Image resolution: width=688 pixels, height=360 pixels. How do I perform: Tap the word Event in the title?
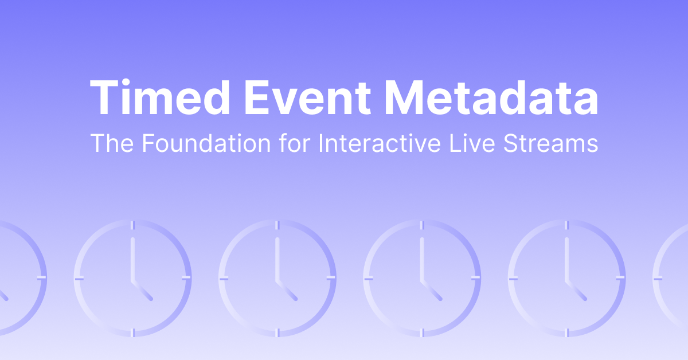click(x=308, y=97)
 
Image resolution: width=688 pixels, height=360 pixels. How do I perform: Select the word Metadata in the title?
click(x=491, y=97)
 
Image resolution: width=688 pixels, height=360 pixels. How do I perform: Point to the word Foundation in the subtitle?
click(x=206, y=143)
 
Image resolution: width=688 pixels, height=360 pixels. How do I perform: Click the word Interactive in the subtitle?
click(x=380, y=143)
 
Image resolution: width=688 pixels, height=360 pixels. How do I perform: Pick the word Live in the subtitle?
click(x=472, y=143)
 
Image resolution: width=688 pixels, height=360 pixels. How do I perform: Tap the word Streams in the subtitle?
click(x=551, y=143)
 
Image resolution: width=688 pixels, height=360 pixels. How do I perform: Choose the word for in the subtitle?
click(x=295, y=143)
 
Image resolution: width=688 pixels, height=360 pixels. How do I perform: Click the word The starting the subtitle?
click(x=112, y=143)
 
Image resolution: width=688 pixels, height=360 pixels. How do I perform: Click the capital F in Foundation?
click(x=148, y=143)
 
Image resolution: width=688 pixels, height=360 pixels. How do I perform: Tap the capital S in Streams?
click(x=511, y=143)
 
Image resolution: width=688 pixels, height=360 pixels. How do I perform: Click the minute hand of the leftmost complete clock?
click(x=132, y=259)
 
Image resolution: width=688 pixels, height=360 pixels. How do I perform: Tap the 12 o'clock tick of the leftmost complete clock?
click(x=132, y=225)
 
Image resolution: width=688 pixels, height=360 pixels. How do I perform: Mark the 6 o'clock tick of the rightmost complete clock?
click(x=566, y=332)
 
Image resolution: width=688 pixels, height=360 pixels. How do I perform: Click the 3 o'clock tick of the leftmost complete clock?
click(x=186, y=278)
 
